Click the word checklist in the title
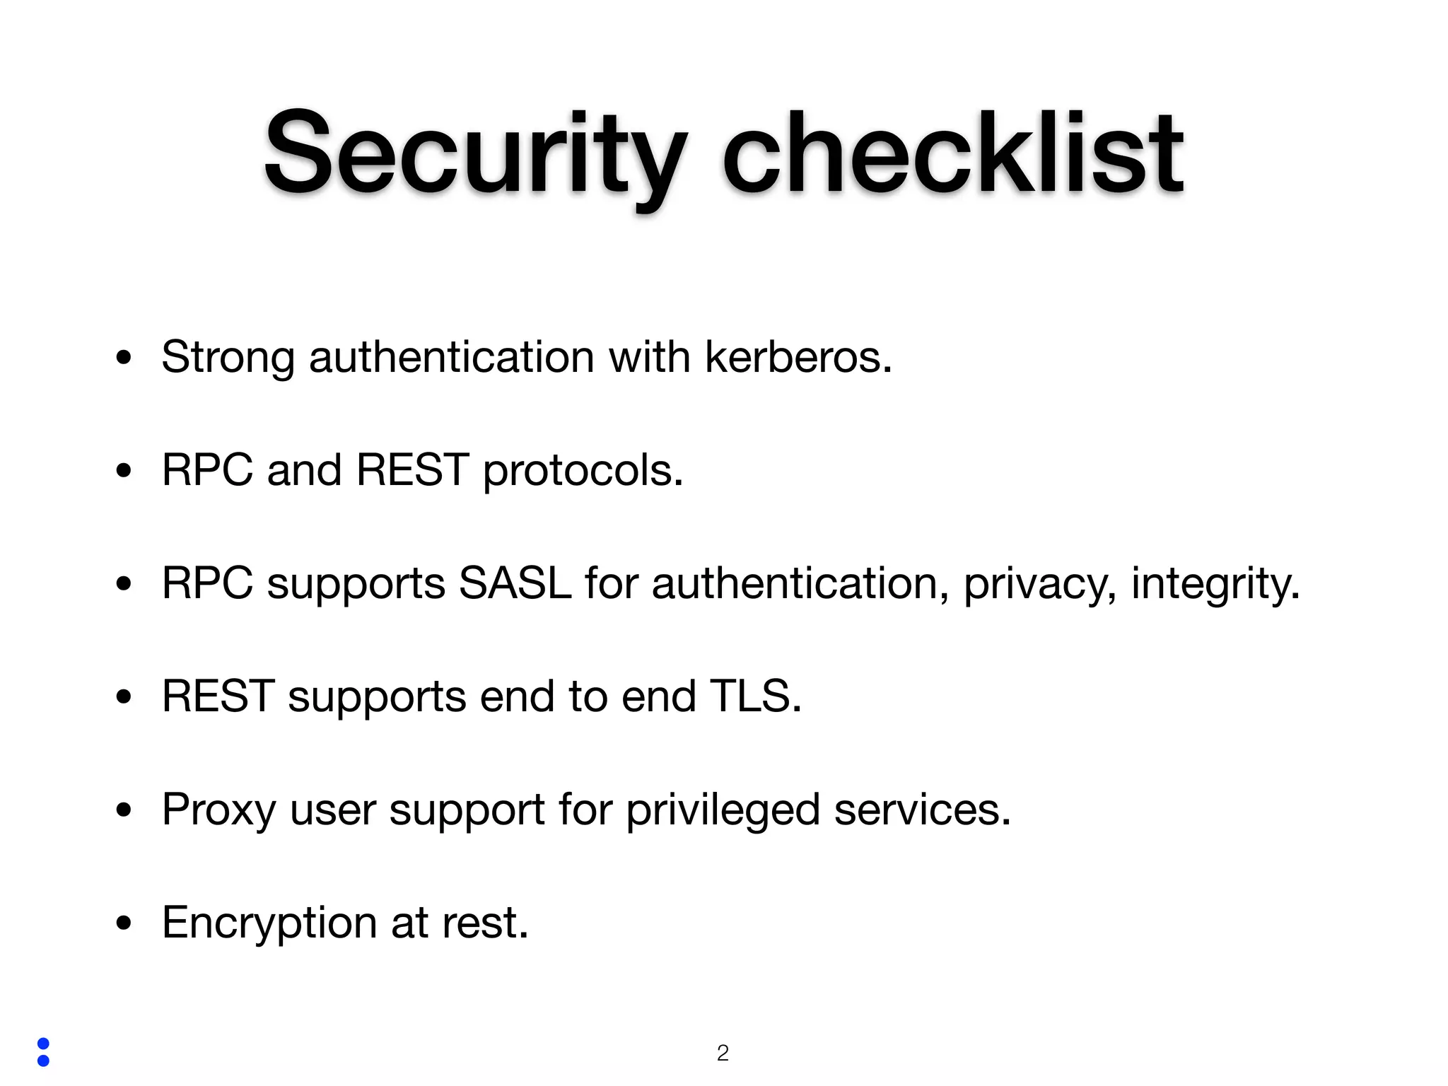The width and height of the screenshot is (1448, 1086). point(952,154)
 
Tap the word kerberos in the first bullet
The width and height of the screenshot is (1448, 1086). point(798,357)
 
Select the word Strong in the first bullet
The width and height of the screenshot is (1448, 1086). point(228,357)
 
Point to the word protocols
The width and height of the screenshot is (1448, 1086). point(583,470)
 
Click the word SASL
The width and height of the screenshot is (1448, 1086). point(515,583)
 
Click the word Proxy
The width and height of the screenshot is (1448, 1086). point(218,810)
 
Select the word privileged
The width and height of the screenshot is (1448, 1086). point(723,810)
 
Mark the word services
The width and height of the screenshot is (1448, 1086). point(922,810)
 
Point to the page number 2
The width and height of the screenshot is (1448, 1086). point(723,1053)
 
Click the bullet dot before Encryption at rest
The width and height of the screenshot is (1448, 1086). point(124,923)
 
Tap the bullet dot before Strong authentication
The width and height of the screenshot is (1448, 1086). point(124,358)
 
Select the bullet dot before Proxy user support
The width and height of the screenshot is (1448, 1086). point(124,810)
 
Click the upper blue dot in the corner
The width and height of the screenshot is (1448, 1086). point(43,1044)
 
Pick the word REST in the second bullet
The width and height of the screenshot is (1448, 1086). point(412,470)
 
